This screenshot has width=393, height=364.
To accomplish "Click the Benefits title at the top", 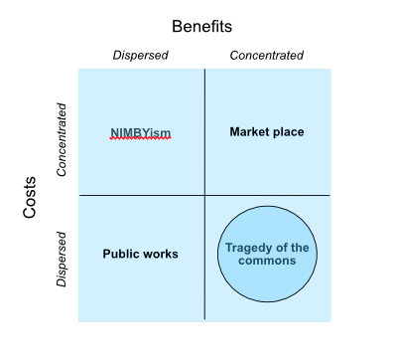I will click(x=201, y=26).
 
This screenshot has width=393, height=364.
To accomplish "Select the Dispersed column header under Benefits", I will click(x=140, y=56).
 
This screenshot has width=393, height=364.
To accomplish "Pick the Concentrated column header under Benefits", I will click(x=267, y=56).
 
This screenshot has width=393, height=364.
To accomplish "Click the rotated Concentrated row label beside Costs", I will click(x=62, y=138).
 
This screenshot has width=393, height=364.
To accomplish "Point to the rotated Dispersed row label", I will click(x=62, y=260).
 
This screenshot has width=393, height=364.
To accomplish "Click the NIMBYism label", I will click(x=141, y=132).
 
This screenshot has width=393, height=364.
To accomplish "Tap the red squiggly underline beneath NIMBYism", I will click(x=141, y=139).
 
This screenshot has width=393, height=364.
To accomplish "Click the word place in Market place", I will click(x=288, y=131).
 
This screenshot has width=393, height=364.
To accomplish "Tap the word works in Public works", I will click(x=161, y=254).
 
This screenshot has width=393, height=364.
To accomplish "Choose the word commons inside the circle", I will click(x=267, y=261).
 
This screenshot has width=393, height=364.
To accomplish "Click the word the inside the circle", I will click(x=300, y=247).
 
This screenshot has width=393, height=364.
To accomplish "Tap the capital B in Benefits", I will click(x=177, y=26).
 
